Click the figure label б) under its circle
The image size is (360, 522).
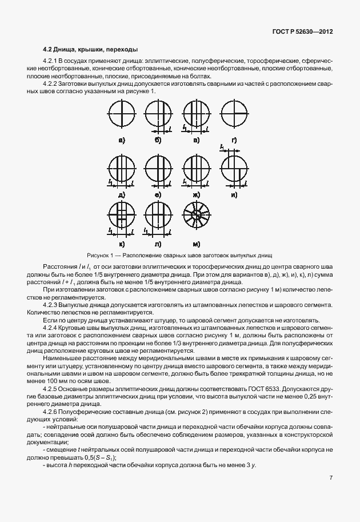point(158,140)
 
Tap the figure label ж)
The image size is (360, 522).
point(196,195)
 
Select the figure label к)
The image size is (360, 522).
point(122,244)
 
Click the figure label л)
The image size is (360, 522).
point(159,244)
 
